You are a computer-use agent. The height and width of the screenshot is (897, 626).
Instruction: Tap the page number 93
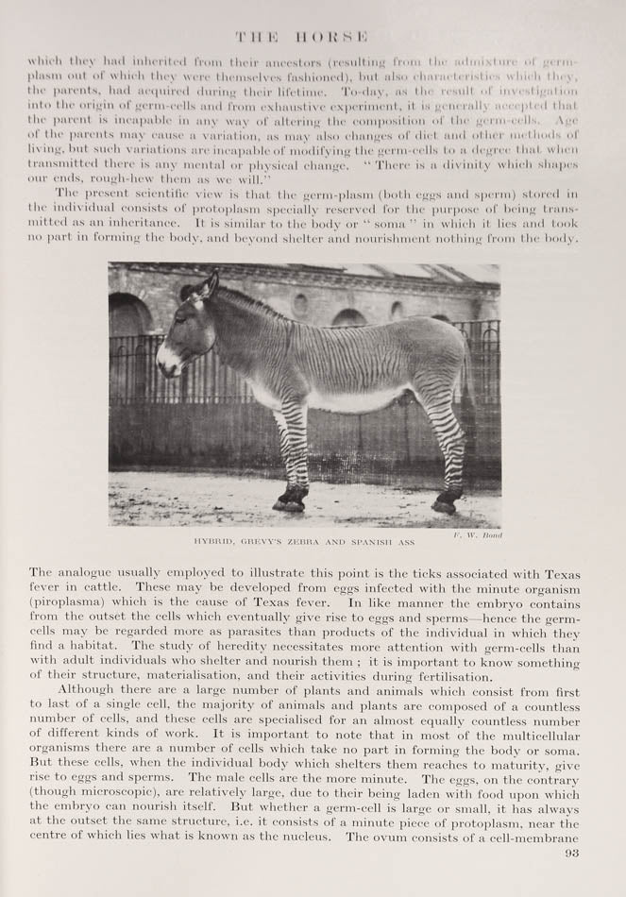[x=570, y=853]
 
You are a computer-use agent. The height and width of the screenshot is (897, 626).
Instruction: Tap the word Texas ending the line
[x=559, y=573]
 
